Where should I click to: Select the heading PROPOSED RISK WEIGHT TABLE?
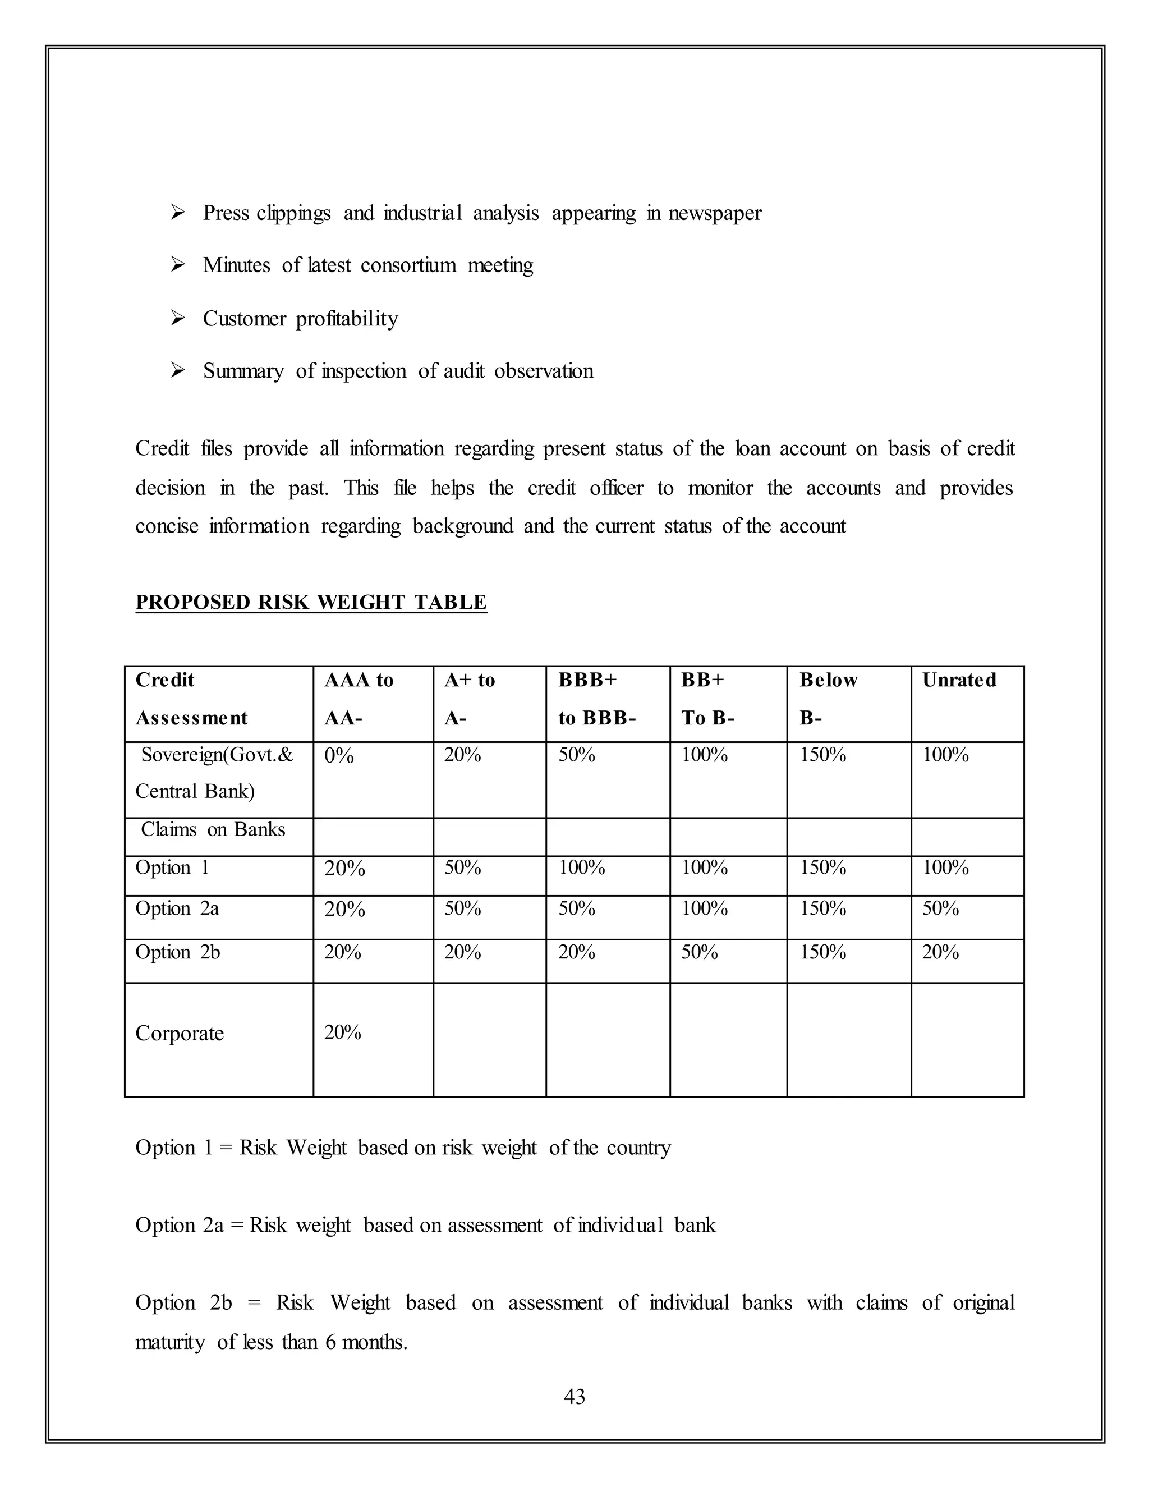(x=311, y=602)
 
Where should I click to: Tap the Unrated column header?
(x=958, y=680)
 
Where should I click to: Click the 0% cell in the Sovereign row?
(x=339, y=756)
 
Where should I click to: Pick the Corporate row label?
(x=180, y=1033)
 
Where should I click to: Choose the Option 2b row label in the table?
(x=178, y=952)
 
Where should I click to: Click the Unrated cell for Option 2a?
(x=940, y=908)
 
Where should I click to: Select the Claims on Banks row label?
(x=213, y=829)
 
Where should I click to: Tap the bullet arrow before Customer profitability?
(x=178, y=318)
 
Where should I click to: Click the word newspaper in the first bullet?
(x=715, y=213)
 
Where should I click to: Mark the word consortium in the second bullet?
(x=408, y=265)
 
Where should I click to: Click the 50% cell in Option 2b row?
(x=699, y=952)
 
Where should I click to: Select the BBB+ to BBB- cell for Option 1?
(x=581, y=868)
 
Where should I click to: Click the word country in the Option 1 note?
(x=638, y=1148)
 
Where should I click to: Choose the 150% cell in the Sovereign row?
(x=822, y=755)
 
